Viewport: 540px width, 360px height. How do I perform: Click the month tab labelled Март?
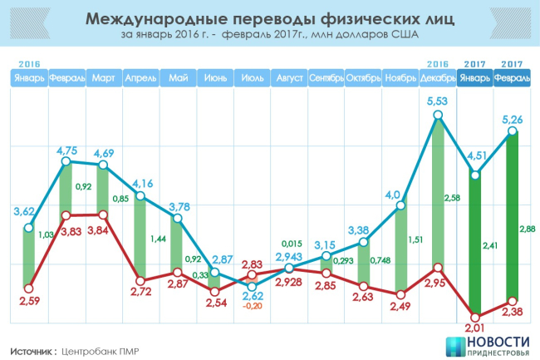pyautogui.click(x=104, y=78)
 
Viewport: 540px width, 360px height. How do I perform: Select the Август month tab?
pyautogui.click(x=288, y=78)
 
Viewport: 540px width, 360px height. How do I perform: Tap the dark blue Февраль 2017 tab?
pyautogui.click(x=513, y=78)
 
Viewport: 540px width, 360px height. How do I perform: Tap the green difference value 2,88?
pyautogui.click(x=526, y=228)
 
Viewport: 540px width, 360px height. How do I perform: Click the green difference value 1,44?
pyautogui.click(x=154, y=239)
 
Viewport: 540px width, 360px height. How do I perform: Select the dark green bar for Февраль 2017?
pyautogui.click(x=512, y=216)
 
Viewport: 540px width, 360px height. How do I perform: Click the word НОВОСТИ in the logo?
pyautogui.click(x=502, y=341)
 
